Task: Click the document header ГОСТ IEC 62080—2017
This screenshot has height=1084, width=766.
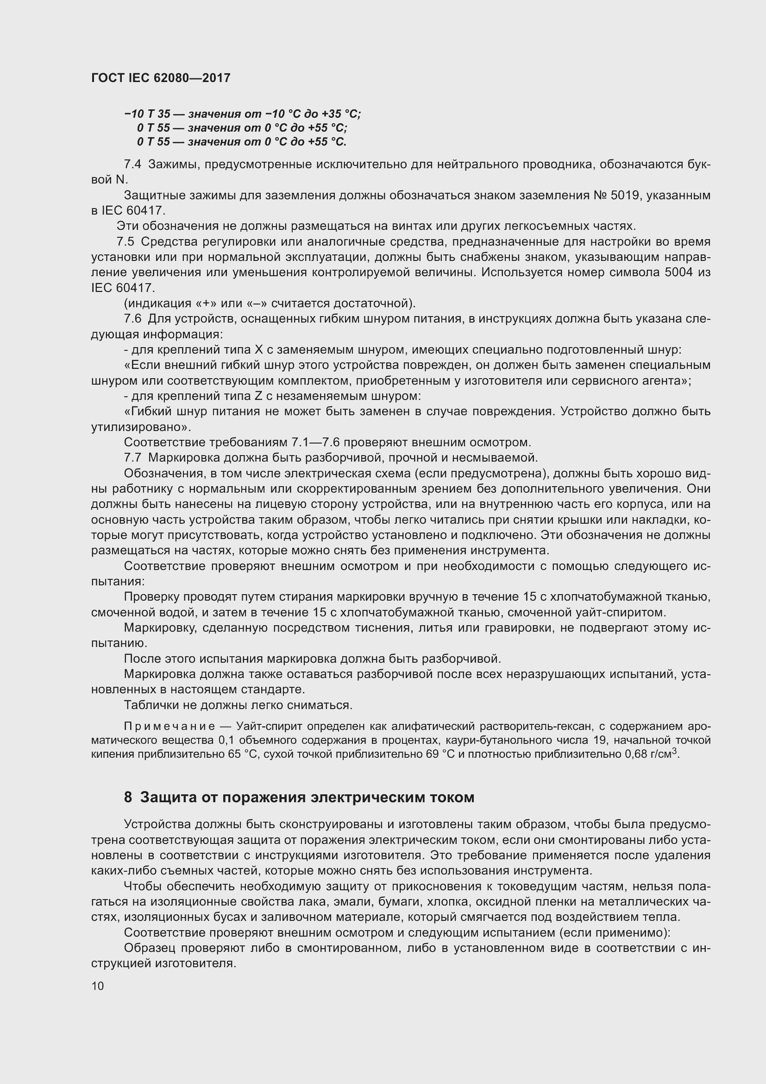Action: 161,78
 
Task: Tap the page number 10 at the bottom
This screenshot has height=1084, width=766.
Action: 98,985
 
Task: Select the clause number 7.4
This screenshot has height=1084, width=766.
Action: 132,165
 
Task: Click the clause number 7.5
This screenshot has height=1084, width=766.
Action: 125,242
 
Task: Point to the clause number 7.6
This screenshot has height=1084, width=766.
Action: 132,319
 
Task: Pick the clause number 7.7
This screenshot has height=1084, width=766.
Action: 132,457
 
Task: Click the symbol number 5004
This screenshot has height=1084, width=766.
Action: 679,273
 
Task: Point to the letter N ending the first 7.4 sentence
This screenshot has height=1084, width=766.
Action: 121,180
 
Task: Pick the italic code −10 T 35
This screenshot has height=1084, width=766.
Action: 147,114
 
